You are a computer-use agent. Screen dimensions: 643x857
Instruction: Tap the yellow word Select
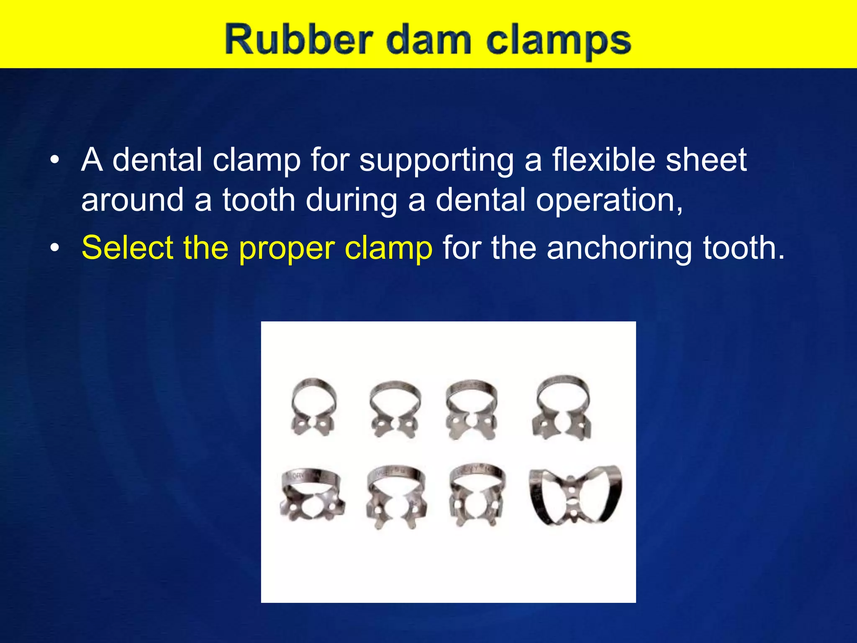click(x=127, y=248)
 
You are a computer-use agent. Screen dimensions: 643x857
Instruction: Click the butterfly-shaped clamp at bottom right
click(x=575, y=495)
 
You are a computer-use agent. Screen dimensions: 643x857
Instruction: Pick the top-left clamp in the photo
click(x=313, y=408)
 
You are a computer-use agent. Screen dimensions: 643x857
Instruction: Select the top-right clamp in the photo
click(x=562, y=408)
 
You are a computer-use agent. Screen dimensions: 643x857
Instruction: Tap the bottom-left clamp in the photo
click(x=312, y=495)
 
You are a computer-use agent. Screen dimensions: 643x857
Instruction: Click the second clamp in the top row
click(x=394, y=409)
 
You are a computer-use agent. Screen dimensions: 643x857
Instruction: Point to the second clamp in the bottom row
click(x=396, y=497)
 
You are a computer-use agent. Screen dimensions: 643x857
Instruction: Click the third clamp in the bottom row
click(x=476, y=495)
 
